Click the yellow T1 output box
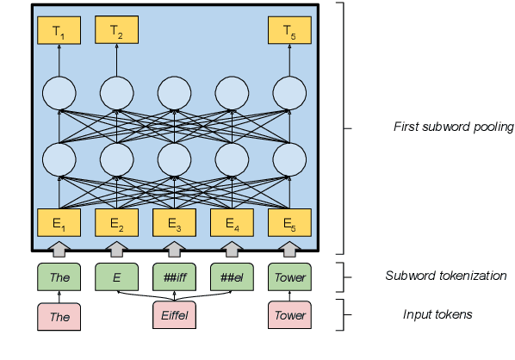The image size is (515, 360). click(x=59, y=33)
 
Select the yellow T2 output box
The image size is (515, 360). click(x=116, y=33)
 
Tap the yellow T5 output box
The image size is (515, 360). click(x=289, y=33)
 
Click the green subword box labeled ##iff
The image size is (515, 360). click(x=174, y=277)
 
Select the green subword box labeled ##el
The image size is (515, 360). click(x=232, y=277)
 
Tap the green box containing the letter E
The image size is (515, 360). click(x=116, y=277)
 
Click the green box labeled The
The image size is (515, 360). click(x=59, y=277)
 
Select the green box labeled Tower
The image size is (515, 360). click(x=289, y=277)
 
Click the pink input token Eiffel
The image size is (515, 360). click(x=174, y=316)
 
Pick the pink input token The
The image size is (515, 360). click(x=59, y=316)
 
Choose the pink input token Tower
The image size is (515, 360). click(x=289, y=316)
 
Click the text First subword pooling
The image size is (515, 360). click(x=453, y=127)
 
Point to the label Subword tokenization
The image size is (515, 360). click(x=445, y=276)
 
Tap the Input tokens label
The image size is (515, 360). click(x=437, y=314)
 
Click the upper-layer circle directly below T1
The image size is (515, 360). click(x=59, y=92)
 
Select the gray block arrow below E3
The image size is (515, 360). click(x=174, y=250)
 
